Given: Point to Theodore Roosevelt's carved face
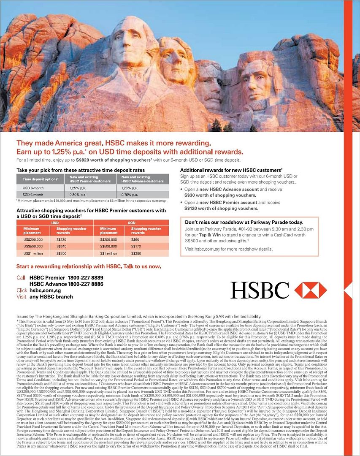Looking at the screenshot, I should [208, 84].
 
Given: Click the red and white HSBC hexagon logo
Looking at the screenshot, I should [310, 290].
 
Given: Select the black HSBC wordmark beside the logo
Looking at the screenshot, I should [260, 290].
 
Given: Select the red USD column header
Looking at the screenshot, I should [55, 222].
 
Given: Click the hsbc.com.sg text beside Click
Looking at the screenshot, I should [45, 290].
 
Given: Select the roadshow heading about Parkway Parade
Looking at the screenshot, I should [244, 222].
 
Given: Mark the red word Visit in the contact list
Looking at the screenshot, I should [22, 297].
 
